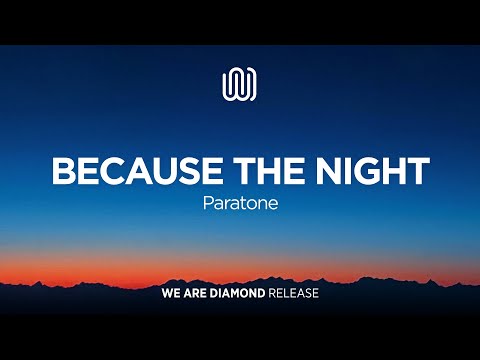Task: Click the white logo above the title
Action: pyautogui.click(x=239, y=83)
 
